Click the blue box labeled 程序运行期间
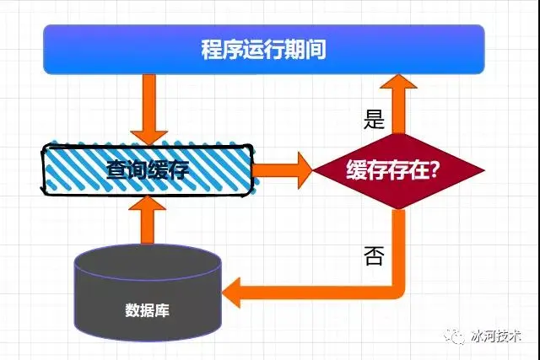(x=263, y=49)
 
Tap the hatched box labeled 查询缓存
(x=148, y=169)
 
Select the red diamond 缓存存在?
(x=398, y=170)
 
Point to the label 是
(x=374, y=119)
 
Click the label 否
(x=374, y=255)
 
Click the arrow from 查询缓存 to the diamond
(x=283, y=169)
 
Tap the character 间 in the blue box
(x=316, y=49)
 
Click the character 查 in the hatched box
(x=117, y=170)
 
